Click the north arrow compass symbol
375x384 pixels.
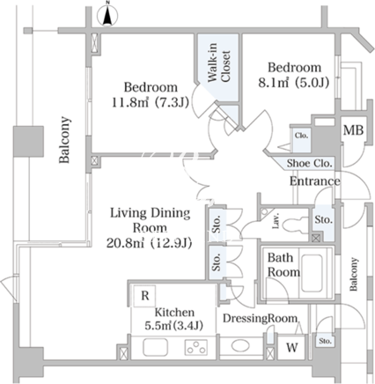point(108,15)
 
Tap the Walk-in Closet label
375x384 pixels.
point(218,63)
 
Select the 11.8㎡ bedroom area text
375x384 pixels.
point(150,102)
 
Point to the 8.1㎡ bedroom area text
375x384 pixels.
point(293,83)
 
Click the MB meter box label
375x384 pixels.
point(353,129)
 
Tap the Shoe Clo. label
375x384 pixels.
point(310,163)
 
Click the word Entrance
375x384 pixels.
point(315,181)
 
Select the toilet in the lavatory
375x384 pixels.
point(292,225)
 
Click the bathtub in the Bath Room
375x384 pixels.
point(312,273)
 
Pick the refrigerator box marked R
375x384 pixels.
point(145,296)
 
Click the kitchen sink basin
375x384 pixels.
point(155,347)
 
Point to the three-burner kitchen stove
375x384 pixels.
point(196,347)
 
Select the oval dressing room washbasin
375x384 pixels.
point(240,346)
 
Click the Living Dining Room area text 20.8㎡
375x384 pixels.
point(149,243)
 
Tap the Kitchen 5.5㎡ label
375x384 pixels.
point(174,319)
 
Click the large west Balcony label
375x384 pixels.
point(65,139)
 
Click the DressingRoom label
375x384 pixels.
point(261,318)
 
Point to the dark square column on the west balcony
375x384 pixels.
point(28,141)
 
